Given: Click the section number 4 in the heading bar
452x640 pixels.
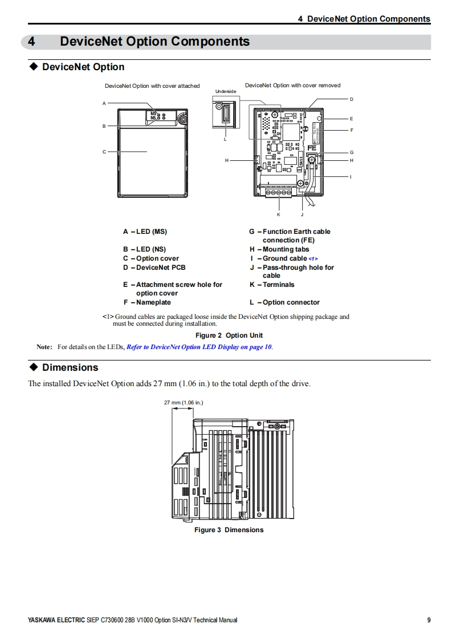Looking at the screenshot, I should [32, 42].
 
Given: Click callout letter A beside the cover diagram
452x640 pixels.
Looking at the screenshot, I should [104, 103].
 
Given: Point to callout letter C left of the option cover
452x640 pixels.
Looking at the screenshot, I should [104, 152].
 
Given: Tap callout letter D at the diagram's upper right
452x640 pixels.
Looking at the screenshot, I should [352, 99].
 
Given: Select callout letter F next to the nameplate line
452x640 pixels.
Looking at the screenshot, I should [352, 130].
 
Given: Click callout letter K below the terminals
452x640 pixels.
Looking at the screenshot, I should [279, 214].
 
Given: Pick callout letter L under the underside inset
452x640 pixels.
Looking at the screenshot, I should [225, 139].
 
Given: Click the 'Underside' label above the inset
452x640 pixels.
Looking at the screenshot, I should [225, 91].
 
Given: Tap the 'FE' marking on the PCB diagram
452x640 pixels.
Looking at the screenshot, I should [312, 148].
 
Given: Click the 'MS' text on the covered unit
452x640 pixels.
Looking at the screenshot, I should [153, 114].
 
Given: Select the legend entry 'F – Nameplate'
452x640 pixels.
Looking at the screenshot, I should [147, 302].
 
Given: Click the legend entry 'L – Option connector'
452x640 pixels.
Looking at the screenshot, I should [284, 302].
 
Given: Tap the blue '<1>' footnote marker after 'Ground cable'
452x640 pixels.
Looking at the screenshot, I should [313, 259].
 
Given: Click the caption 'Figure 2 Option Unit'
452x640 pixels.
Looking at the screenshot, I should [229, 335].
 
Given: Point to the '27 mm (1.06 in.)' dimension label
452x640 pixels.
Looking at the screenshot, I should [184, 403].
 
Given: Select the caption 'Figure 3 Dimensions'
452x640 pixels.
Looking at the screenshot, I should [229, 530].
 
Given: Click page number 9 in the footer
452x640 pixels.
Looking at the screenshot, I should [429, 621].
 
